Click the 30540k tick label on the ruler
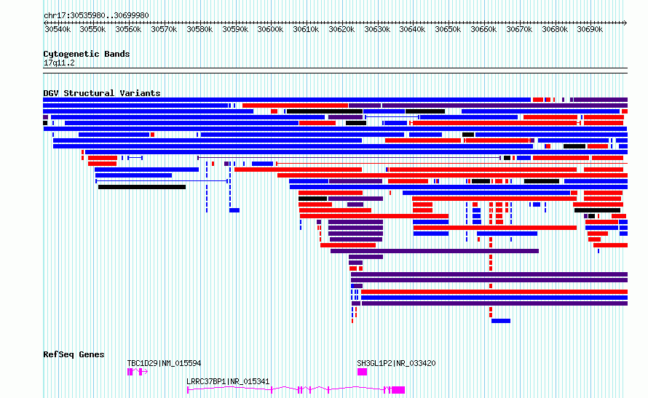(58, 29)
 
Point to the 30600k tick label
(270, 29)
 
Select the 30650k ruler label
(448, 29)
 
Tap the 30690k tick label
(590, 29)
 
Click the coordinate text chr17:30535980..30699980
(96, 15)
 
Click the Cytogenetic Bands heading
(87, 54)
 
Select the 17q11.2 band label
(59, 63)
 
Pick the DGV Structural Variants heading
(102, 93)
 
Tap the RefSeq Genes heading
(74, 354)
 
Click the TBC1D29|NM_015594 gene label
(164, 363)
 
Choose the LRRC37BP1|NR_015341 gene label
(228, 381)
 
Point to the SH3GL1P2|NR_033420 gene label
(396, 363)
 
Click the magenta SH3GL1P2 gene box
(362, 372)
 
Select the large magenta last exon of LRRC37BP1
(398, 390)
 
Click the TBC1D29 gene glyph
(138, 372)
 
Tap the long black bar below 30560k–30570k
(142, 187)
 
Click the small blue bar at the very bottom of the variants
(501, 321)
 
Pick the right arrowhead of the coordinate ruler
(625, 23)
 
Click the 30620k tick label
(341, 29)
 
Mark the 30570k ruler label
(164, 29)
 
